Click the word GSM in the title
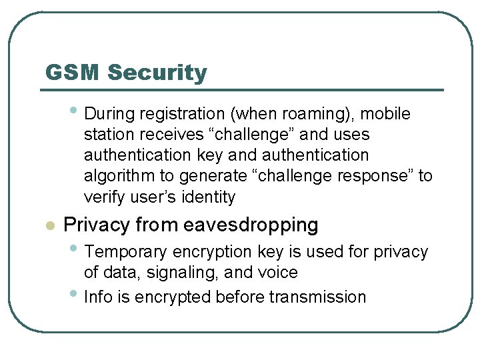point(72,73)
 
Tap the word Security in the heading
point(157,73)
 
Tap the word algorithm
point(115,176)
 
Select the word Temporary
point(127,252)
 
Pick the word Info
point(97,297)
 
